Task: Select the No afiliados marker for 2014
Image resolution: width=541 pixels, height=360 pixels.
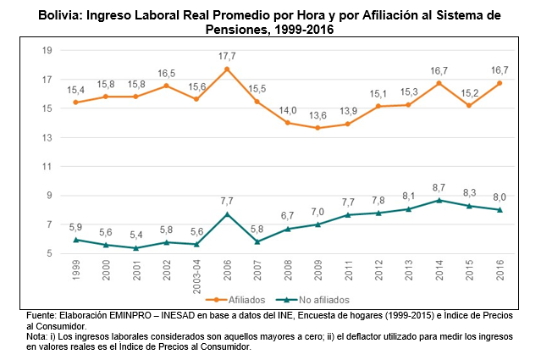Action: pos(439,200)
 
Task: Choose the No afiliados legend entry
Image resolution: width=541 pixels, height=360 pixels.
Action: pos(315,299)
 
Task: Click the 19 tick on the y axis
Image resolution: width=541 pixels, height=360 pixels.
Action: pos(47,51)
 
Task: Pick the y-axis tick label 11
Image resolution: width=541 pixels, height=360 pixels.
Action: pos(47,167)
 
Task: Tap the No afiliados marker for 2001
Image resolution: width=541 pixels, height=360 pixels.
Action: pos(137,248)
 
